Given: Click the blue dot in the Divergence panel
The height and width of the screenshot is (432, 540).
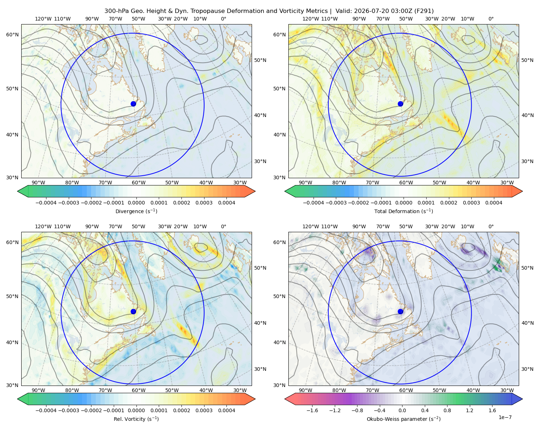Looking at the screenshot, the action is [133, 104].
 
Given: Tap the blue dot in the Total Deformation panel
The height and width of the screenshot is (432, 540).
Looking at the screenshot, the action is [400, 104].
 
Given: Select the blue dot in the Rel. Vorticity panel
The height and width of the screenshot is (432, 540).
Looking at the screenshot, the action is [133, 311].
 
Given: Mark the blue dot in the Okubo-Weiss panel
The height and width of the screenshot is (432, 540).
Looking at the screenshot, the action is [400, 311].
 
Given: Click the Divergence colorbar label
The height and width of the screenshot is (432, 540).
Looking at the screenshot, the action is [136, 211].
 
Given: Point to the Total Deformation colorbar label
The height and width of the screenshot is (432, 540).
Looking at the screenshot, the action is [404, 211].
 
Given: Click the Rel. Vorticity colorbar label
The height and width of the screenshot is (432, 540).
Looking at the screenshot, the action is [136, 419].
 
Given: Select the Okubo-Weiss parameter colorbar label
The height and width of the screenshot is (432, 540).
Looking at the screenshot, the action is [404, 419].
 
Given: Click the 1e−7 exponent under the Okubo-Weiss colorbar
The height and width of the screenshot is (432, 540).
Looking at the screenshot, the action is [505, 417].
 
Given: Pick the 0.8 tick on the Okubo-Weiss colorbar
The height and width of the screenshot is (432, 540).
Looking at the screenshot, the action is [447, 410].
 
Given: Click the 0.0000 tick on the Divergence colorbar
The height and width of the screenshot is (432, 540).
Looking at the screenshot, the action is [136, 203].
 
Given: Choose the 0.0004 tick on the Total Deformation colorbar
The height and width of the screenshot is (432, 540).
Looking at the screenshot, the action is [494, 203].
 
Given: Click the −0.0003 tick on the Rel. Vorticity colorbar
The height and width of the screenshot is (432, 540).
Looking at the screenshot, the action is [68, 410].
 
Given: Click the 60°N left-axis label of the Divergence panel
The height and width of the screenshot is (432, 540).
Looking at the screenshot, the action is [12, 35].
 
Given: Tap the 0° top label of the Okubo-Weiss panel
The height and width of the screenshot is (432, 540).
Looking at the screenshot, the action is [491, 226].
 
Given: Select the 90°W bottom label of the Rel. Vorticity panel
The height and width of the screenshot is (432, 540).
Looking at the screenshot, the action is [39, 390].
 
